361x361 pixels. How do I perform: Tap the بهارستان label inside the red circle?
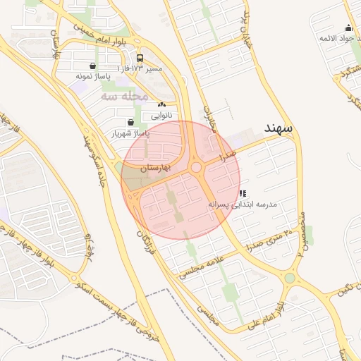click(x=157, y=167)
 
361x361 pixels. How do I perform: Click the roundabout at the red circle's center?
click(x=196, y=168)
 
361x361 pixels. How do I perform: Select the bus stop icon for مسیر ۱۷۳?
click(x=140, y=58)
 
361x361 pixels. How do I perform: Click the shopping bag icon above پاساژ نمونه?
click(x=93, y=66)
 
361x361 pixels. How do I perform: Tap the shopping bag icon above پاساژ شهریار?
click(x=131, y=122)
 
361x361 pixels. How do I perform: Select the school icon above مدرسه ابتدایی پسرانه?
click(x=243, y=193)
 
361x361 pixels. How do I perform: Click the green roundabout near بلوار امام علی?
click(x=290, y=278)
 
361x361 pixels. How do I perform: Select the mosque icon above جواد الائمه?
click(x=348, y=28)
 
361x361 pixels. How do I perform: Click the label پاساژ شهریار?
click(x=131, y=133)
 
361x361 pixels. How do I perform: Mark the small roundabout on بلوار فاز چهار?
click(x=75, y=279)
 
